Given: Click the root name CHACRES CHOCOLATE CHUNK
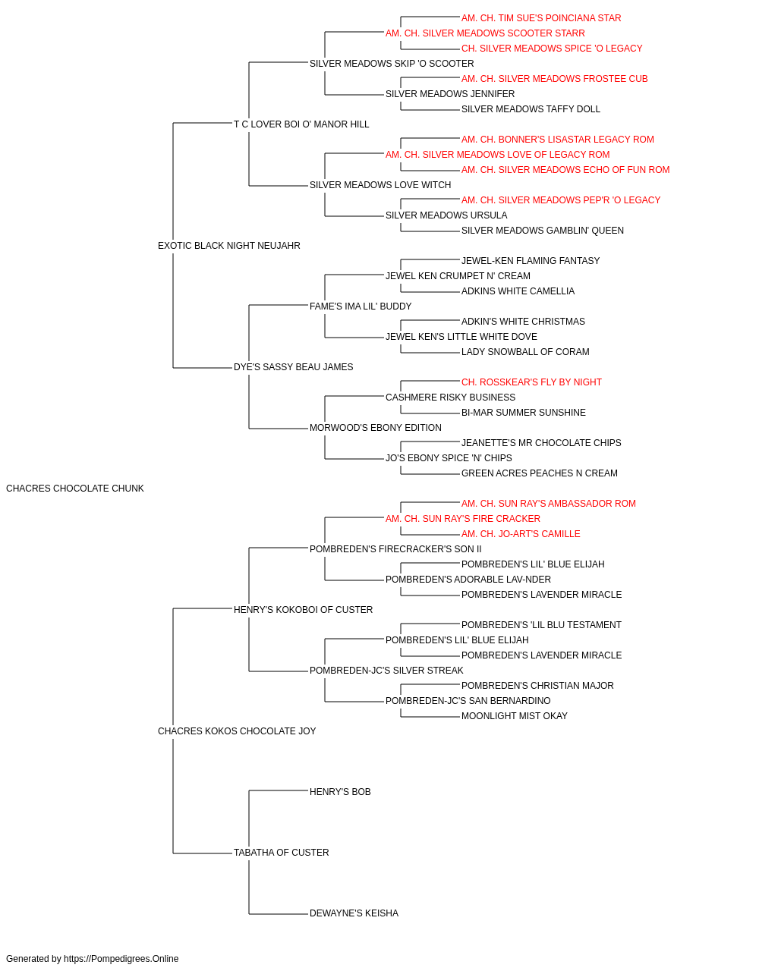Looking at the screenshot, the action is tap(74, 489).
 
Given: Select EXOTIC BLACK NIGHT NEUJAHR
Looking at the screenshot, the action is tap(229, 246).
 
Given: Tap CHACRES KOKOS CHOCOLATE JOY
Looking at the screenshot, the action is tap(237, 731).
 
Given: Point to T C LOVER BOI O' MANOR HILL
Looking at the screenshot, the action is tap(301, 124).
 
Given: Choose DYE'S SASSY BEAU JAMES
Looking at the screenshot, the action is tap(293, 367).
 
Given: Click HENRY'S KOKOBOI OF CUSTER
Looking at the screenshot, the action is tap(303, 610).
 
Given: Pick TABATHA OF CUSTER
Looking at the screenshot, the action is tap(281, 853).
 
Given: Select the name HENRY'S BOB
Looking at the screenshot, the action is tap(340, 792).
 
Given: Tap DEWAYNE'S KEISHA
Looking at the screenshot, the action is tap(354, 913).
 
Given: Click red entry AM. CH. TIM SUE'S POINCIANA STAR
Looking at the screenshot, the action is tap(541, 18).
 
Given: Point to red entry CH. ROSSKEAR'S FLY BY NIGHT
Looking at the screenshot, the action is tap(531, 382).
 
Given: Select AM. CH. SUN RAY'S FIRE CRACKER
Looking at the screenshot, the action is tap(463, 519).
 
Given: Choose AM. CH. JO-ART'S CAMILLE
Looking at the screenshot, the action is tap(521, 534).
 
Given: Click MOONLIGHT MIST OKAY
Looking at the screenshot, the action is tap(515, 716).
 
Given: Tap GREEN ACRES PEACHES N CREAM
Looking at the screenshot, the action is tap(540, 473).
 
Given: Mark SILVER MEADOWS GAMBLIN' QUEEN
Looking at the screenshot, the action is tap(543, 231).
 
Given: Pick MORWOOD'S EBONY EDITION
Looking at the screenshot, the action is tap(376, 428).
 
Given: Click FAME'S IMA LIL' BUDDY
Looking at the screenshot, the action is tap(361, 306).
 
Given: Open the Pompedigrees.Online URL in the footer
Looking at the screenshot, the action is tap(121, 959).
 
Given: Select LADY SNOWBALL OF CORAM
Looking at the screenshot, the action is tap(525, 352).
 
